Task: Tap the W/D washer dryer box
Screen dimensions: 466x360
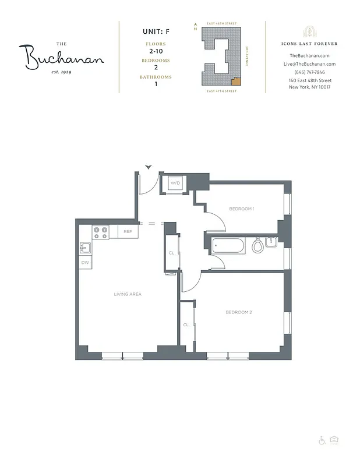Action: [x=175, y=183]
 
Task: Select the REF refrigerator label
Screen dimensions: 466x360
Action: [x=128, y=232]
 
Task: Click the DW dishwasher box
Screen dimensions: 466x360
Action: [x=85, y=263]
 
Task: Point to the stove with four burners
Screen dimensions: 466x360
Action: [x=100, y=232]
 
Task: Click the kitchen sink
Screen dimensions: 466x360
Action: [x=85, y=248]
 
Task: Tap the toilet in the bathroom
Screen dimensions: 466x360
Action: [x=257, y=246]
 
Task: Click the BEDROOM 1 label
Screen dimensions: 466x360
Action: [x=242, y=209]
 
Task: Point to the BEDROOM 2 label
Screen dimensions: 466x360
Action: [x=239, y=312]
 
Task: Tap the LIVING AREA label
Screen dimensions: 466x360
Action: [x=128, y=294]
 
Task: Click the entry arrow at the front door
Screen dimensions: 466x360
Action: [x=149, y=167]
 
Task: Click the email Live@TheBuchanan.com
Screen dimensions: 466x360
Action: [x=309, y=63]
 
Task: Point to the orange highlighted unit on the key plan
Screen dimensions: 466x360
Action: [x=235, y=81]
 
